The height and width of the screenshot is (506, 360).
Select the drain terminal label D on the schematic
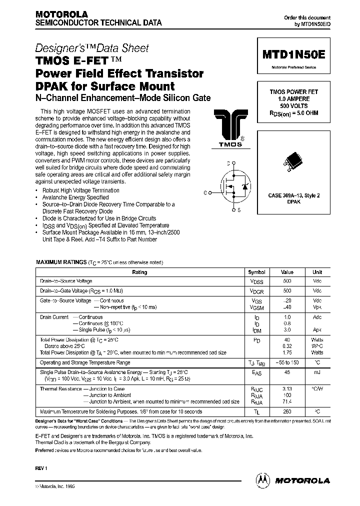(x=228, y=163)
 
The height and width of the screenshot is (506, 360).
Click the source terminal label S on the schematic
(x=239, y=210)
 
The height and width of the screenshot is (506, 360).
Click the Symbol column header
(x=256, y=272)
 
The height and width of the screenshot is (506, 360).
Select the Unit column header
(x=317, y=272)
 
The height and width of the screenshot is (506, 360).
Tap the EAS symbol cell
(x=256, y=372)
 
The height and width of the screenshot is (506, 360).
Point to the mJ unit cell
(x=317, y=372)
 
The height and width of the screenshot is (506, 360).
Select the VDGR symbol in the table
(x=256, y=291)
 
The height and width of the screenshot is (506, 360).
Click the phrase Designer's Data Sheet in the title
(x=92, y=48)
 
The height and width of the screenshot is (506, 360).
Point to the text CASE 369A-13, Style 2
(x=293, y=195)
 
